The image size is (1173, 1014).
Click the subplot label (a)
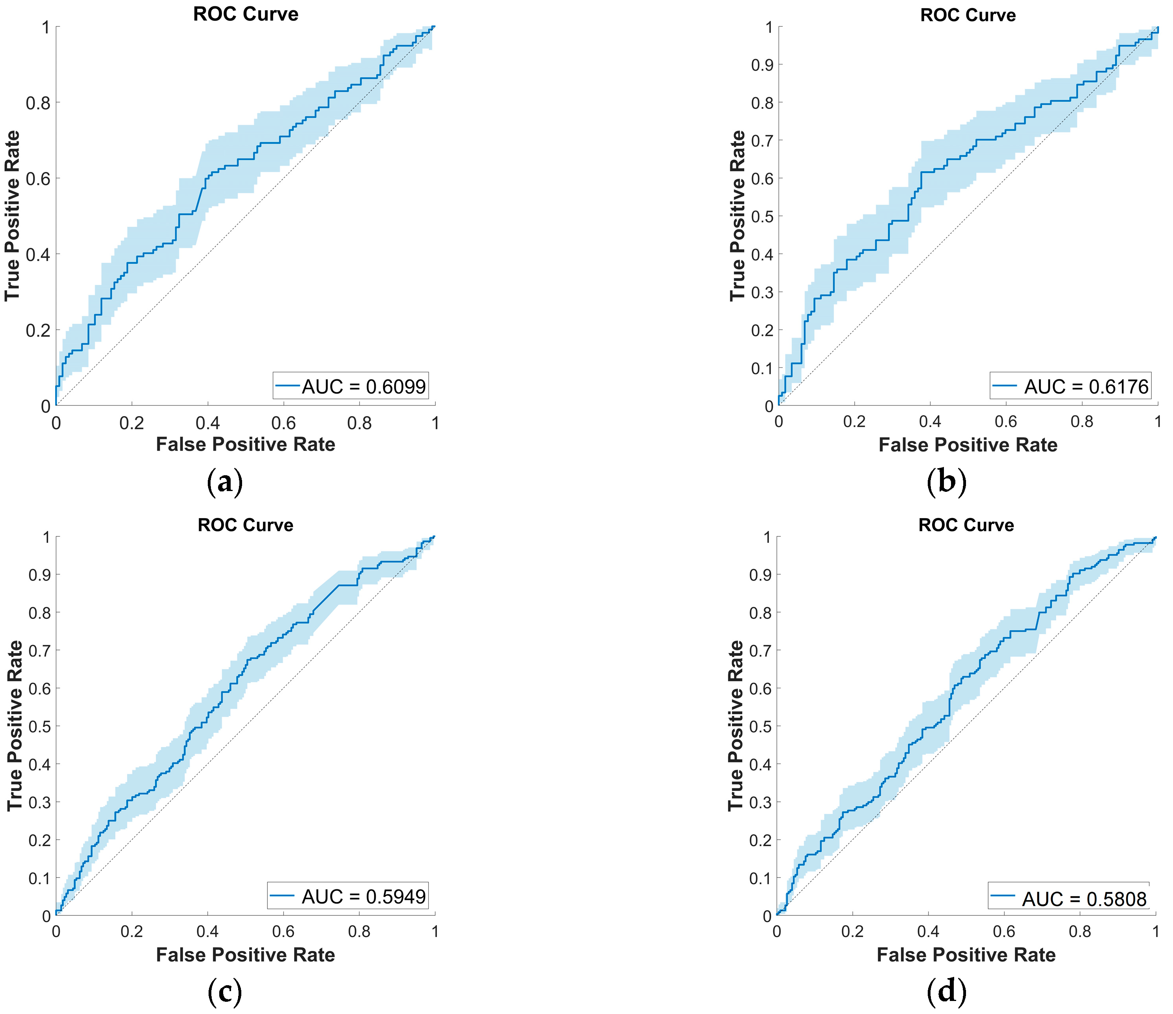(x=225, y=482)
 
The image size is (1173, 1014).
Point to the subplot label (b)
(x=947, y=482)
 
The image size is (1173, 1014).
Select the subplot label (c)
(x=225, y=992)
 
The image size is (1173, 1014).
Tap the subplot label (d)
(x=947, y=992)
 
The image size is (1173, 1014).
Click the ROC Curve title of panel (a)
(x=246, y=14)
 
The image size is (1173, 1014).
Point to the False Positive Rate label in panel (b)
(x=968, y=445)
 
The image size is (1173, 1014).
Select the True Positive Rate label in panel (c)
(x=14, y=726)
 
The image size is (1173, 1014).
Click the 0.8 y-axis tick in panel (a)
(x=37, y=103)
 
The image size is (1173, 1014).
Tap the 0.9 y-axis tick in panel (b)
(x=762, y=65)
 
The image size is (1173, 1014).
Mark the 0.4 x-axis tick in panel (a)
(x=208, y=423)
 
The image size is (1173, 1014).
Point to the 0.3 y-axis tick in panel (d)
(x=760, y=802)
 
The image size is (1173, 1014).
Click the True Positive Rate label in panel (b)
(x=737, y=216)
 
